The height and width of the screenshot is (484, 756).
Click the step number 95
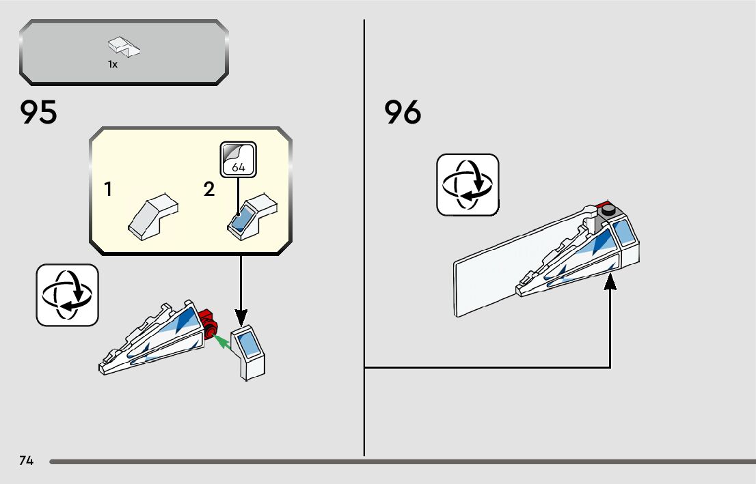39,112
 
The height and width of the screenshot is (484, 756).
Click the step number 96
403,112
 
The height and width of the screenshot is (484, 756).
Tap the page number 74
27,461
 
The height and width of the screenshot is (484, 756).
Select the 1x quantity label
113,64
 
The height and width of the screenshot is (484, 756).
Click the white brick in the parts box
124,47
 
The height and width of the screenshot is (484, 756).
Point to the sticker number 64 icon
238,159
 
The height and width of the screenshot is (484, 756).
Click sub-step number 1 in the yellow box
108,190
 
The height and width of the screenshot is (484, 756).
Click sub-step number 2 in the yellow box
209,190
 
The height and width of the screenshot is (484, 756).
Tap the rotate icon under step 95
67,295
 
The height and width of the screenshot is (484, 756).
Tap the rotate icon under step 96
468,184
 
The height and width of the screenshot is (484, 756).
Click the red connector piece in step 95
207,320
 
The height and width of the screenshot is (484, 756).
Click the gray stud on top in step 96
608,212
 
